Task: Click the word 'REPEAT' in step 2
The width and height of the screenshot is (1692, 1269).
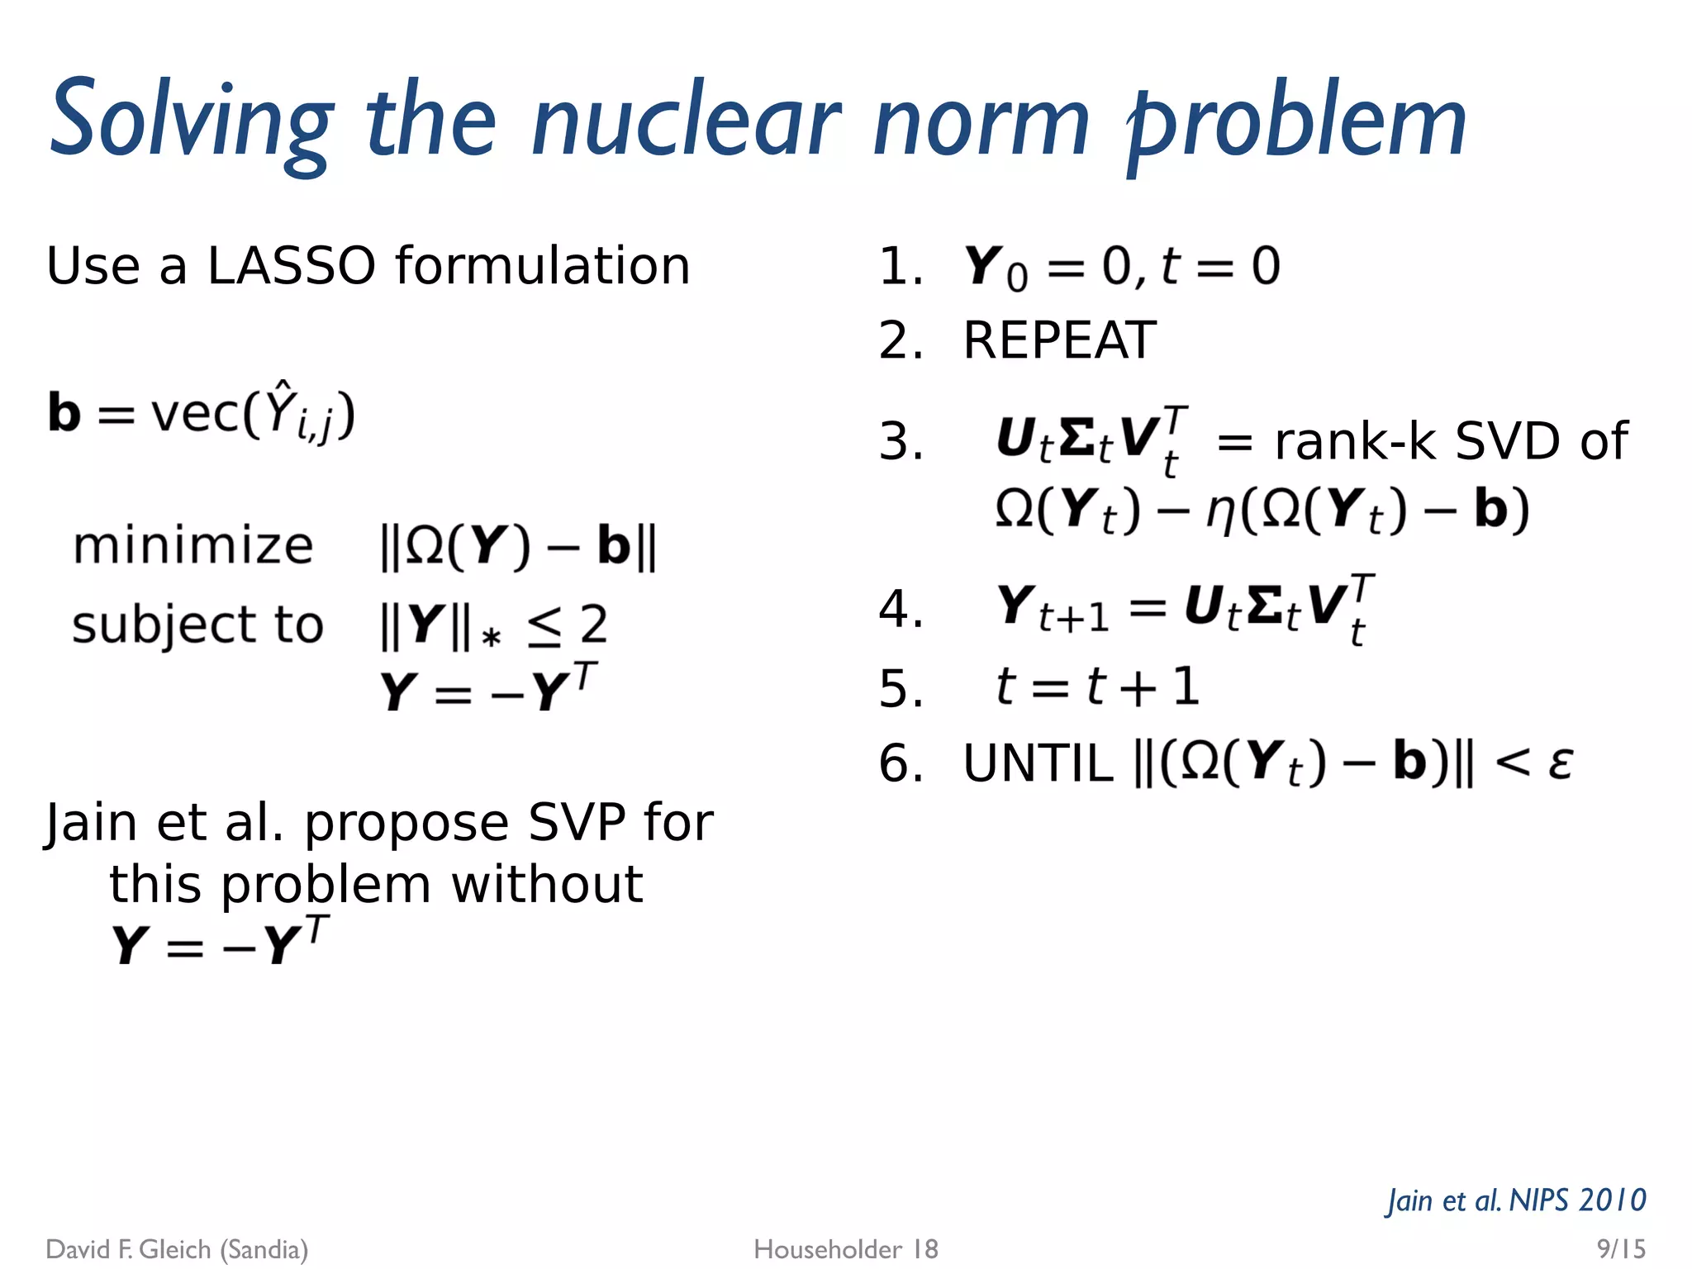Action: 1060,340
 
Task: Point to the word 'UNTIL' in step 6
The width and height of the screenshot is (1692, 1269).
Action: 1038,763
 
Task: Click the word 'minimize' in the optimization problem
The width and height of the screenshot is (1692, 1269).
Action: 193,546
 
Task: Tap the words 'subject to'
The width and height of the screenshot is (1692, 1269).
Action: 197,625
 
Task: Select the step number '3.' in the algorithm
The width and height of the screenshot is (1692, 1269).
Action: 901,441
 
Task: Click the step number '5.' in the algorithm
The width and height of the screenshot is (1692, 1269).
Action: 901,688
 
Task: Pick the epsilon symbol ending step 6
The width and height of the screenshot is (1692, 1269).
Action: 1560,763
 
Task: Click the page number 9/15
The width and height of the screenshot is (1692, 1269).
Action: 1621,1248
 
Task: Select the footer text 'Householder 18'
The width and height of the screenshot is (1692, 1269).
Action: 846,1249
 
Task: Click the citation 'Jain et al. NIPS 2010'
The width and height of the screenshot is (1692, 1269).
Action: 1517,1200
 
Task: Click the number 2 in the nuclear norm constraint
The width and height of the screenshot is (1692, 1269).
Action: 593,625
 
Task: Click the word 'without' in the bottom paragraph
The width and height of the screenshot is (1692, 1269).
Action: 547,885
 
